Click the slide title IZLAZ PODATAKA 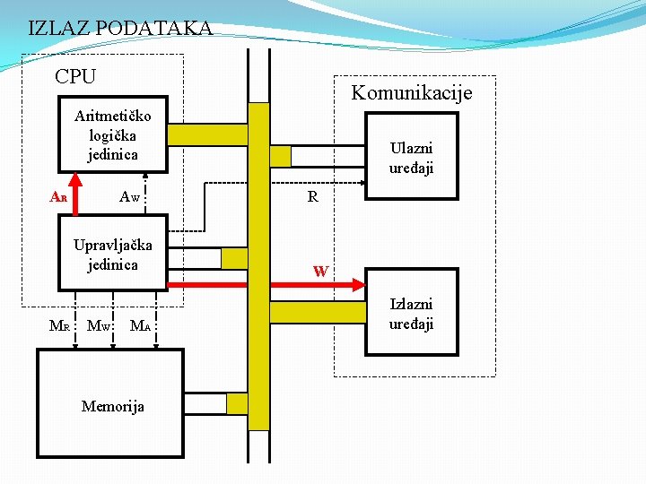(x=120, y=28)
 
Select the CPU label (x=75, y=77)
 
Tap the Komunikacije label (x=411, y=92)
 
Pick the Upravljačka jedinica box (x=113, y=254)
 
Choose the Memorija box (x=110, y=404)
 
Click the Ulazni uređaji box (x=410, y=157)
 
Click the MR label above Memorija (x=59, y=326)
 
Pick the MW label (x=99, y=326)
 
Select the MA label (x=140, y=326)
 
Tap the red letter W (x=320, y=271)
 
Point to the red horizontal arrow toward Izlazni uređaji (x=269, y=284)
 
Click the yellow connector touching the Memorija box (x=236, y=404)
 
